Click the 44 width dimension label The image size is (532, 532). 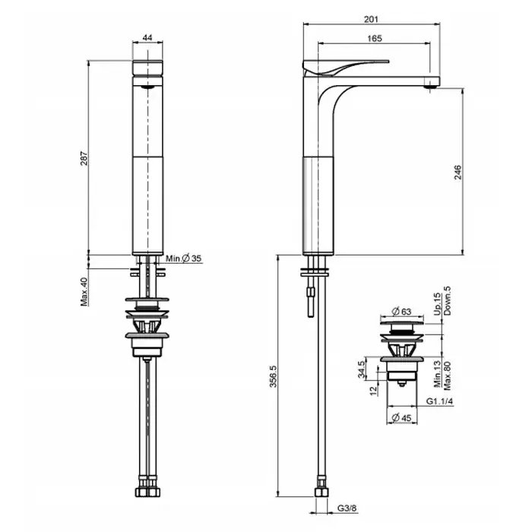(147, 37)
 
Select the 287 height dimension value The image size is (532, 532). (84, 158)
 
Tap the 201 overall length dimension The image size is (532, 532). (371, 19)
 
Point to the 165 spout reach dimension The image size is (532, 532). (375, 38)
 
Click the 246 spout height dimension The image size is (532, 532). (458, 172)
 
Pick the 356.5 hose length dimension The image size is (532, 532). (274, 376)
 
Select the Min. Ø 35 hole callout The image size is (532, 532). (184, 258)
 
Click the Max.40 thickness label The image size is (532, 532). (84, 292)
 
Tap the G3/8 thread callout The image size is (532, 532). (347, 508)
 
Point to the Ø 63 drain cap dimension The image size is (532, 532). (401, 311)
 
